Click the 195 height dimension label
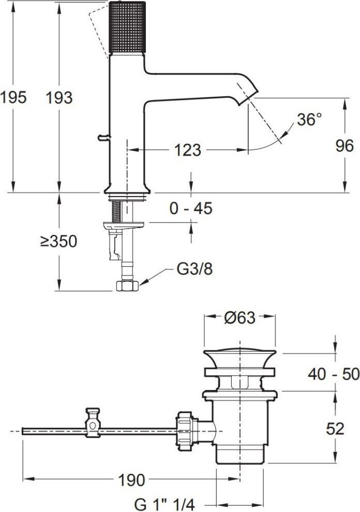(x=13, y=98)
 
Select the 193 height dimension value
(x=59, y=98)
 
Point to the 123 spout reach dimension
(x=188, y=150)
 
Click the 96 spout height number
(x=344, y=146)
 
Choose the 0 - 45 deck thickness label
(x=191, y=208)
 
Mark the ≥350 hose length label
(x=59, y=242)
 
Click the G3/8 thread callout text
(x=194, y=269)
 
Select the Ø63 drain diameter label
(x=239, y=318)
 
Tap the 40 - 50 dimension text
(x=334, y=374)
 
